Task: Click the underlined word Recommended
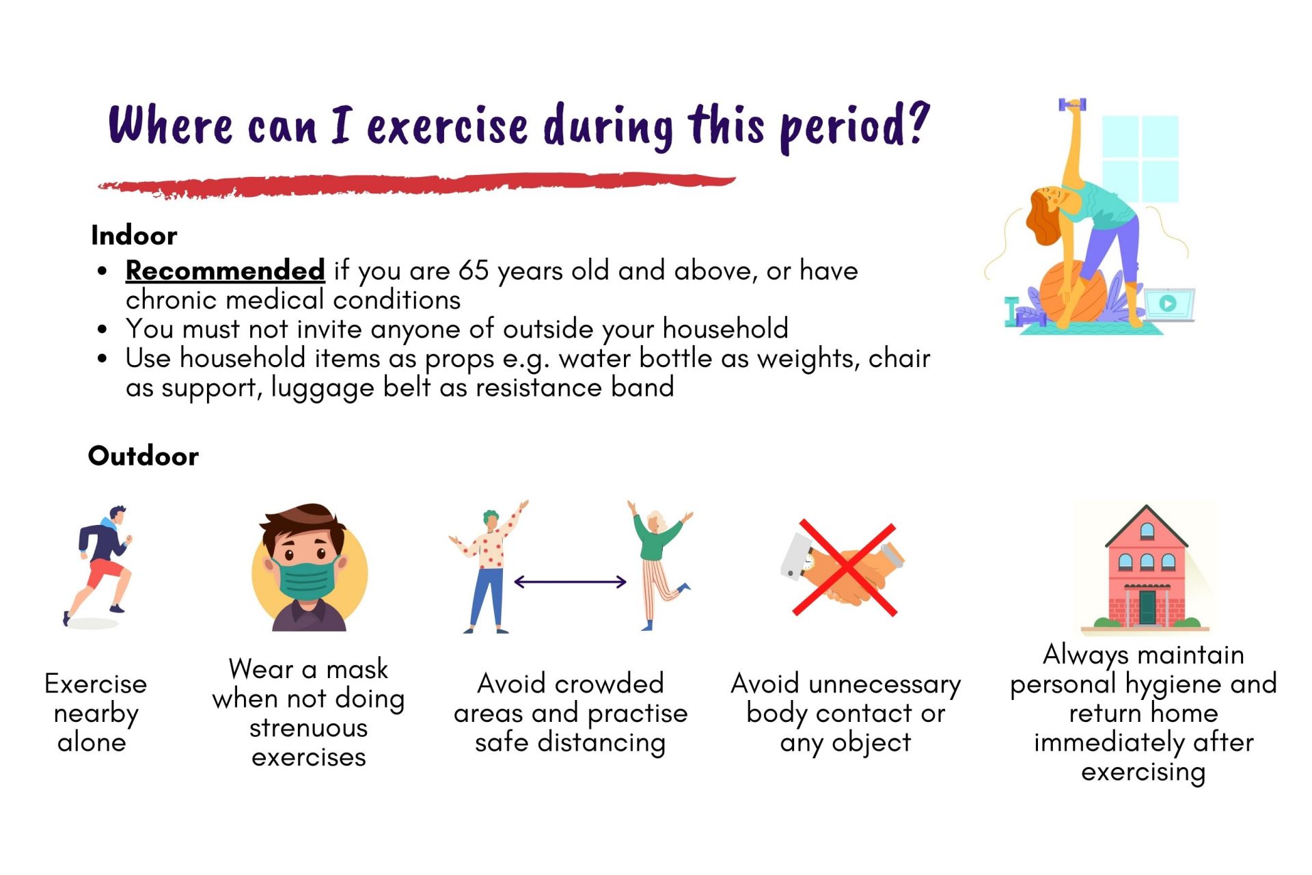point(225,271)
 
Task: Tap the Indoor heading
point(134,236)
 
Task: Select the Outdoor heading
point(143,456)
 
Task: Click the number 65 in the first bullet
point(474,271)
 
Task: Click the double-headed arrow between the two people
point(570,582)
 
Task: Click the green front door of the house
point(1147,607)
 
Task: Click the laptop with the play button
point(1169,304)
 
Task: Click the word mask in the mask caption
point(357,669)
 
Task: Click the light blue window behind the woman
point(1140,159)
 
